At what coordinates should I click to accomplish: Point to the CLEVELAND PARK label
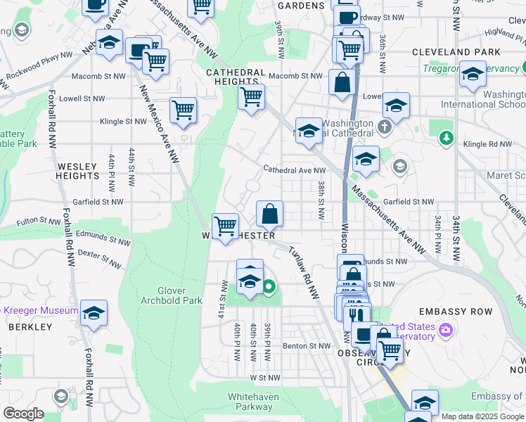pyautogui.click(x=456, y=52)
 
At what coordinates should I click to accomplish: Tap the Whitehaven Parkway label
pyautogui.click(x=253, y=402)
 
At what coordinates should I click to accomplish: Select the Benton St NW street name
pyautogui.click(x=307, y=346)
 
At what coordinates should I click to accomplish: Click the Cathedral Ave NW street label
pyautogui.click(x=295, y=170)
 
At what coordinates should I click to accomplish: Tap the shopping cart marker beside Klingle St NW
pyautogui.click(x=183, y=110)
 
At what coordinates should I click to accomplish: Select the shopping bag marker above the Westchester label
pyautogui.click(x=269, y=212)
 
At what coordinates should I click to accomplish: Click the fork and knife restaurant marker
pyautogui.click(x=359, y=313)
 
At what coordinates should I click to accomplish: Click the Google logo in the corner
pyautogui.click(x=23, y=414)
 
